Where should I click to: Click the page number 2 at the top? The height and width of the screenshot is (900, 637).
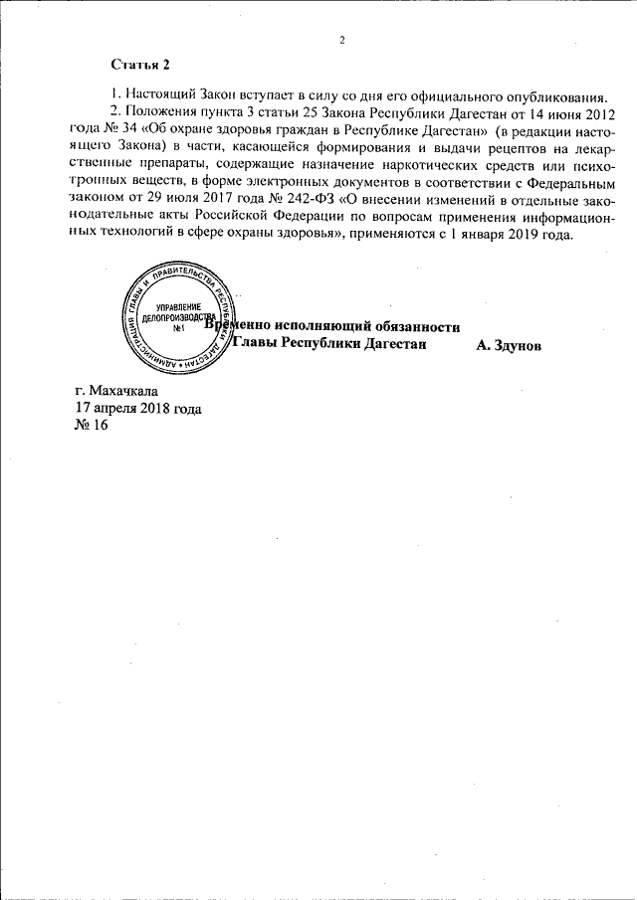(x=340, y=40)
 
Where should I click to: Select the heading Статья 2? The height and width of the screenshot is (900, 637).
(x=140, y=65)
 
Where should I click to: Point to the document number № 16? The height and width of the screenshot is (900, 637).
(x=91, y=425)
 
